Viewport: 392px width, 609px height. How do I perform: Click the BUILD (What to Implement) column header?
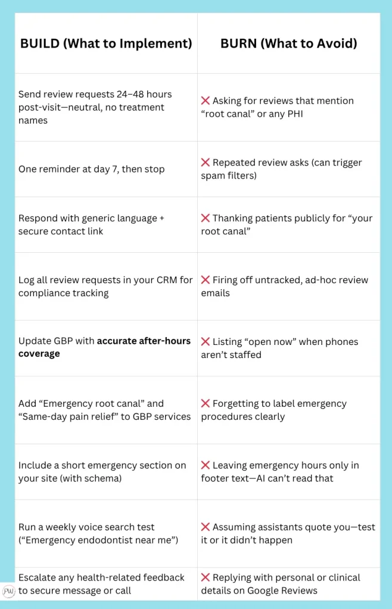(x=106, y=43)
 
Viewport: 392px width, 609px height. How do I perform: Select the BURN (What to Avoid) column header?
(x=288, y=43)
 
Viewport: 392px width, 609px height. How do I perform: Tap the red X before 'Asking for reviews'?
(x=205, y=101)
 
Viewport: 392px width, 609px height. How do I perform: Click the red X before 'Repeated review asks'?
(x=205, y=162)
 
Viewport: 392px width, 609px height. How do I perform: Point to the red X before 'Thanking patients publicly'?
(x=205, y=218)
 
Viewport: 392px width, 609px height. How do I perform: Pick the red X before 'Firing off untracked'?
(x=205, y=280)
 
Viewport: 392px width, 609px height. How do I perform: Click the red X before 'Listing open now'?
(x=205, y=341)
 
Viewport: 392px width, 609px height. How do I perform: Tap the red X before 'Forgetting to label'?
(x=205, y=404)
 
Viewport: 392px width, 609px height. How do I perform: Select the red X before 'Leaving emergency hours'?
(x=205, y=465)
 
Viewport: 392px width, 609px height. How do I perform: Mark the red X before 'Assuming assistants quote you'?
(x=205, y=527)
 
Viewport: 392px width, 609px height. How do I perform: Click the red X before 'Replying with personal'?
(x=205, y=577)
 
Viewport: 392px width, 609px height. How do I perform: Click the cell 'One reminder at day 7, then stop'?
(x=91, y=169)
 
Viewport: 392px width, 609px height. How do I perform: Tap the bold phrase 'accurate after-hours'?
(x=144, y=341)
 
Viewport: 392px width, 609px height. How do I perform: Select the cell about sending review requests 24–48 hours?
(x=95, y=107)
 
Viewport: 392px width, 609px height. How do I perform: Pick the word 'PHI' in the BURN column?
(x=293, y=114)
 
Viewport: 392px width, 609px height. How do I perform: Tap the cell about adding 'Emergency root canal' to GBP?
(x=104, y=410)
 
